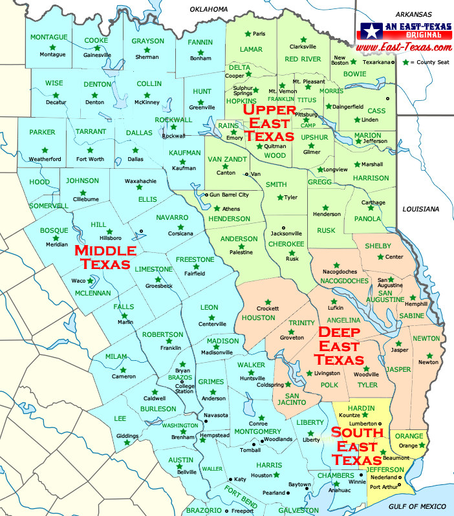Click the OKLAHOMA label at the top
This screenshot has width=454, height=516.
209,9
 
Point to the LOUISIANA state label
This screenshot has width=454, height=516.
420,209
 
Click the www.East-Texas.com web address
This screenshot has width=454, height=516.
403,48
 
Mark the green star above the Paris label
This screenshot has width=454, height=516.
246,33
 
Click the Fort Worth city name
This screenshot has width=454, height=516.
90,158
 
